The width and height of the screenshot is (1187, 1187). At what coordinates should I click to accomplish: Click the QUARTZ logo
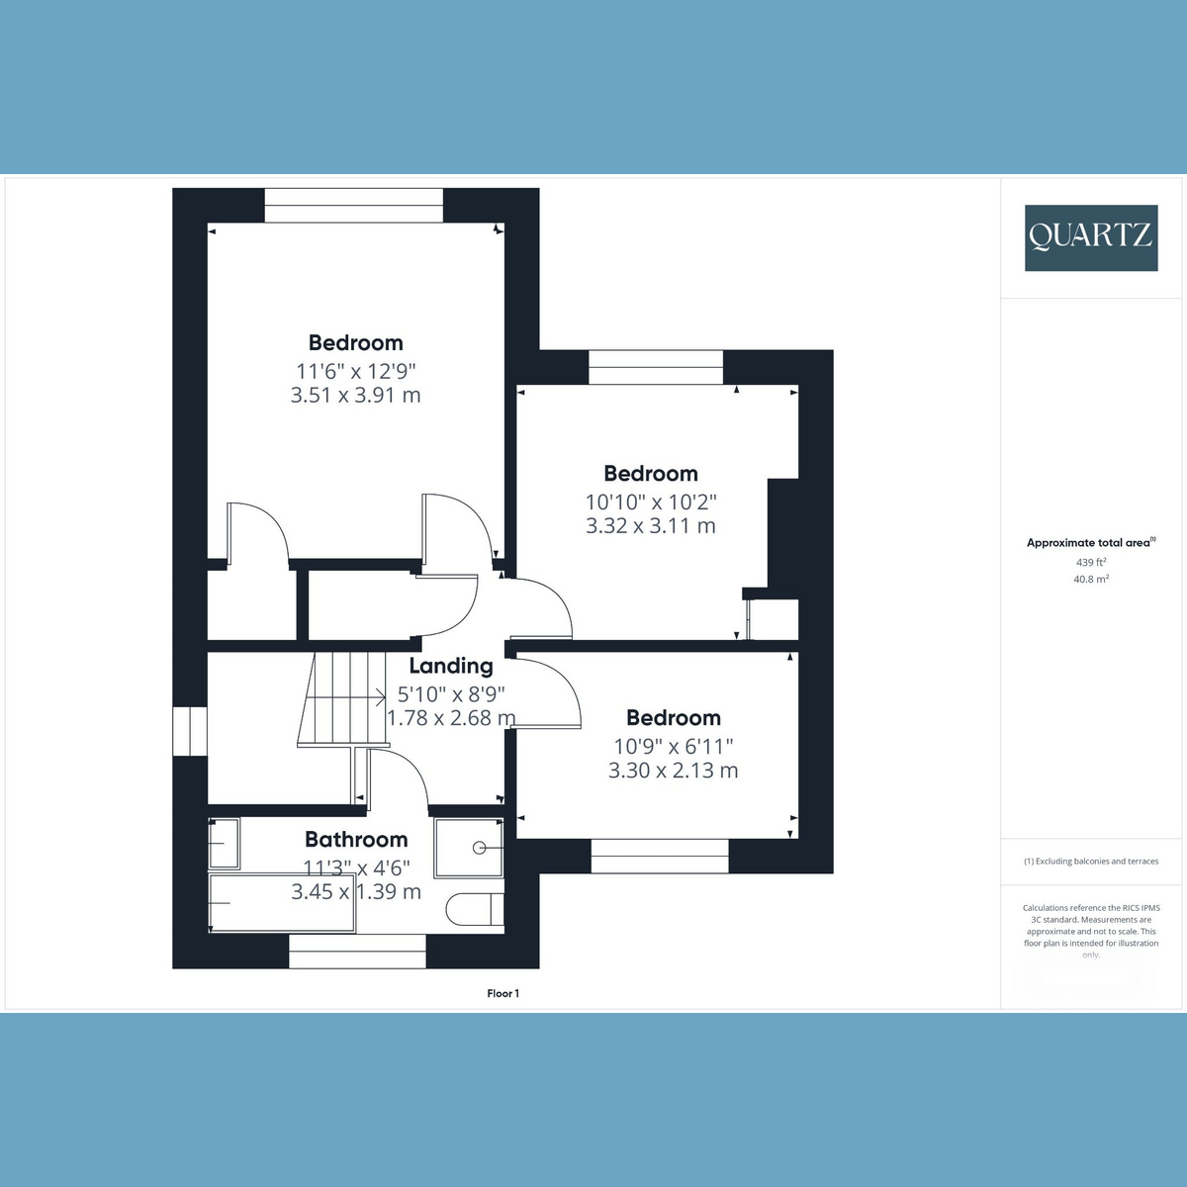(1091, 237)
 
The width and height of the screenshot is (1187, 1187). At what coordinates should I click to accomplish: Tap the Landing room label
(451, 666)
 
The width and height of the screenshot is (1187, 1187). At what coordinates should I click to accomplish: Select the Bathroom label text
(356, 839)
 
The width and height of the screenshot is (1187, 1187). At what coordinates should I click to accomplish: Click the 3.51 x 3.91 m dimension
(355, 395)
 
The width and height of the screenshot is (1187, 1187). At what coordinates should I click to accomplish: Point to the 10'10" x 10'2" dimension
(651, 502)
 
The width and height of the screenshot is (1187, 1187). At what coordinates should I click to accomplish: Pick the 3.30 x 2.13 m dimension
(673, 770)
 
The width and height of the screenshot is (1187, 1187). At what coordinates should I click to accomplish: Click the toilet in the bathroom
(475, 909)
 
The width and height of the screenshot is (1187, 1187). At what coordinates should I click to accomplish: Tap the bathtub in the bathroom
(282, 903)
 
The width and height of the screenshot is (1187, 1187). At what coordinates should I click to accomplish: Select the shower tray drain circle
(479, 848)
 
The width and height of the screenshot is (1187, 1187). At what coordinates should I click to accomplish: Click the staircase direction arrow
(345, 697)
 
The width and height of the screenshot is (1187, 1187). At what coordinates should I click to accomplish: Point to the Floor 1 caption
(502, 993)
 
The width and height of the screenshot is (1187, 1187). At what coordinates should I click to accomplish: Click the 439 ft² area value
(1091, 562)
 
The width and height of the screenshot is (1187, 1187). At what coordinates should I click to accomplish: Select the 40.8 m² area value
(1091, 579)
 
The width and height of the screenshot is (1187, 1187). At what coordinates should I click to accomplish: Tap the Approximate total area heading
(1091, 543)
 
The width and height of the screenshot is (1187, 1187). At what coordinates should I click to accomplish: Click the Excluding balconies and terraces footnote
(1091, 862)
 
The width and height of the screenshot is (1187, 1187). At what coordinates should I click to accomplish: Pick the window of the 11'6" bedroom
(353, 206)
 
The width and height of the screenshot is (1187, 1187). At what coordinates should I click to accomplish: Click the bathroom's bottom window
(357, 951)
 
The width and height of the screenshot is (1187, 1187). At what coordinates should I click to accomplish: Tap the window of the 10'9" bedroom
(660, 857)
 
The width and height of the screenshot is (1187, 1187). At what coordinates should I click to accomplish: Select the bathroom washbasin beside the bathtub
(224, 844)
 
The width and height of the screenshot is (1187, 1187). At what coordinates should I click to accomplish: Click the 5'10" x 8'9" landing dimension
(451, 694)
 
